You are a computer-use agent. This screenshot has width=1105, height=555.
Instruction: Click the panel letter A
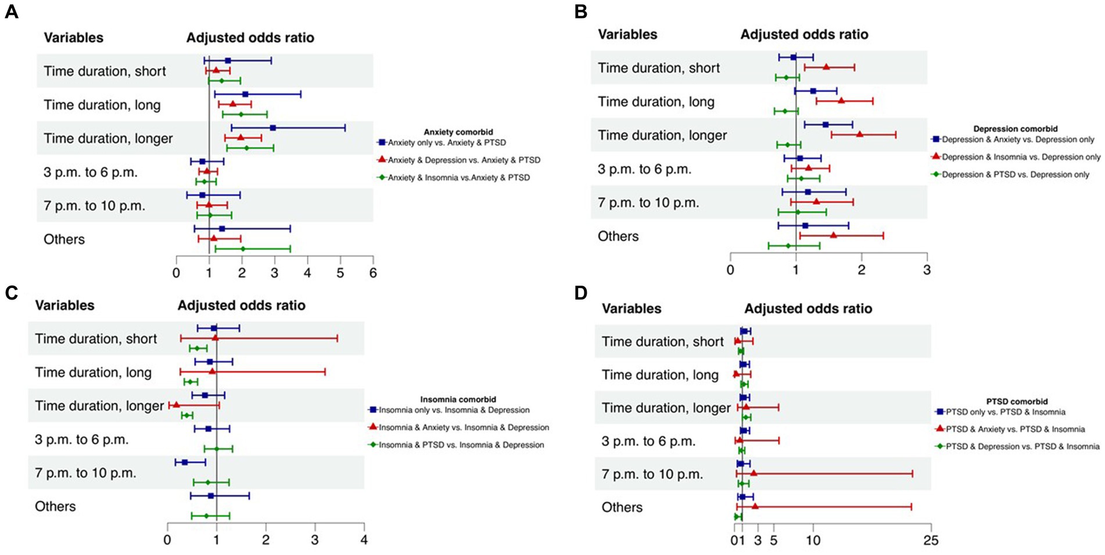[x=12, y=12]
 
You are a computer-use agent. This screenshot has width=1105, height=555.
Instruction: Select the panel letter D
[x=581, y=293]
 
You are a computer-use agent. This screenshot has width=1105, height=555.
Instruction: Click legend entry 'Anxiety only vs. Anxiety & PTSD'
[x=447, y=143]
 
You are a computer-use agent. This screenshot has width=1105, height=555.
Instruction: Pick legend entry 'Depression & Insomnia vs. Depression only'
[x=1021, y=157]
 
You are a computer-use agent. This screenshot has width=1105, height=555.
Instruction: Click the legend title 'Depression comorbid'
[x=1015, y=129]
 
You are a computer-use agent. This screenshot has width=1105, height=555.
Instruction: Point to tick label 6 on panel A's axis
[x=373, y=273]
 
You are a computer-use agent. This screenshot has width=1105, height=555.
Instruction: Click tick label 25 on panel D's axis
[x=931, y=540]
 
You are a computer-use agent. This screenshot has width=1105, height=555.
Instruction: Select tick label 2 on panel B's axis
[x=862, y=270]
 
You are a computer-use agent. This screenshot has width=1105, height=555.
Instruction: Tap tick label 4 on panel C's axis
[x=364, y=540]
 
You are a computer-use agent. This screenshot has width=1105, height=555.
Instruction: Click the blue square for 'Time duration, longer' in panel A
[x=272, y=128]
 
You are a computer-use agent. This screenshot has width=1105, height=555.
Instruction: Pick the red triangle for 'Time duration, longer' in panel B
[x=859, y=134]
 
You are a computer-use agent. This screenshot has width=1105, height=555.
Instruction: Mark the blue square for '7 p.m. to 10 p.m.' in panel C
[x=185, y=462]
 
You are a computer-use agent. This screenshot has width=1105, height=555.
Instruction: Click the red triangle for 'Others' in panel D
[x=755, y=506]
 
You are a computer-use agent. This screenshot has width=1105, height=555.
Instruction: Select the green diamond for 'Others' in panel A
[x=243, y=249]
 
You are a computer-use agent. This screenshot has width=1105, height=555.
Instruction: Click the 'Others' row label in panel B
[x=618, y=236]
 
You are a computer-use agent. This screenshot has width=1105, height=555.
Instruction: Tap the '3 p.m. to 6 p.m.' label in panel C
[x=81, y=439]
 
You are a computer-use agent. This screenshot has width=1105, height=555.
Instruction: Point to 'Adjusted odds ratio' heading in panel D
[x=808, y=308]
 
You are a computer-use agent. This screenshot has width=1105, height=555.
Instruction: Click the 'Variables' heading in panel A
[x=73, y=38]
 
